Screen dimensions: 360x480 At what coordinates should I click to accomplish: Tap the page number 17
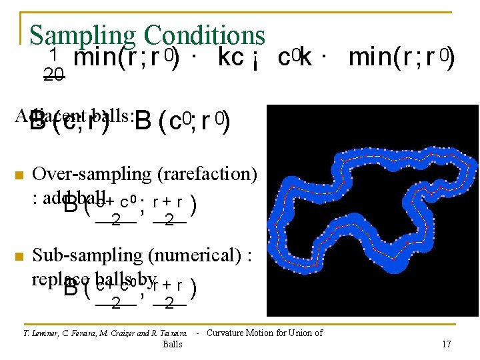447,344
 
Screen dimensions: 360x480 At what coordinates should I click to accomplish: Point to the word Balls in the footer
172,344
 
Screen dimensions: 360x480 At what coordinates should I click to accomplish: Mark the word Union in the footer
304,333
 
